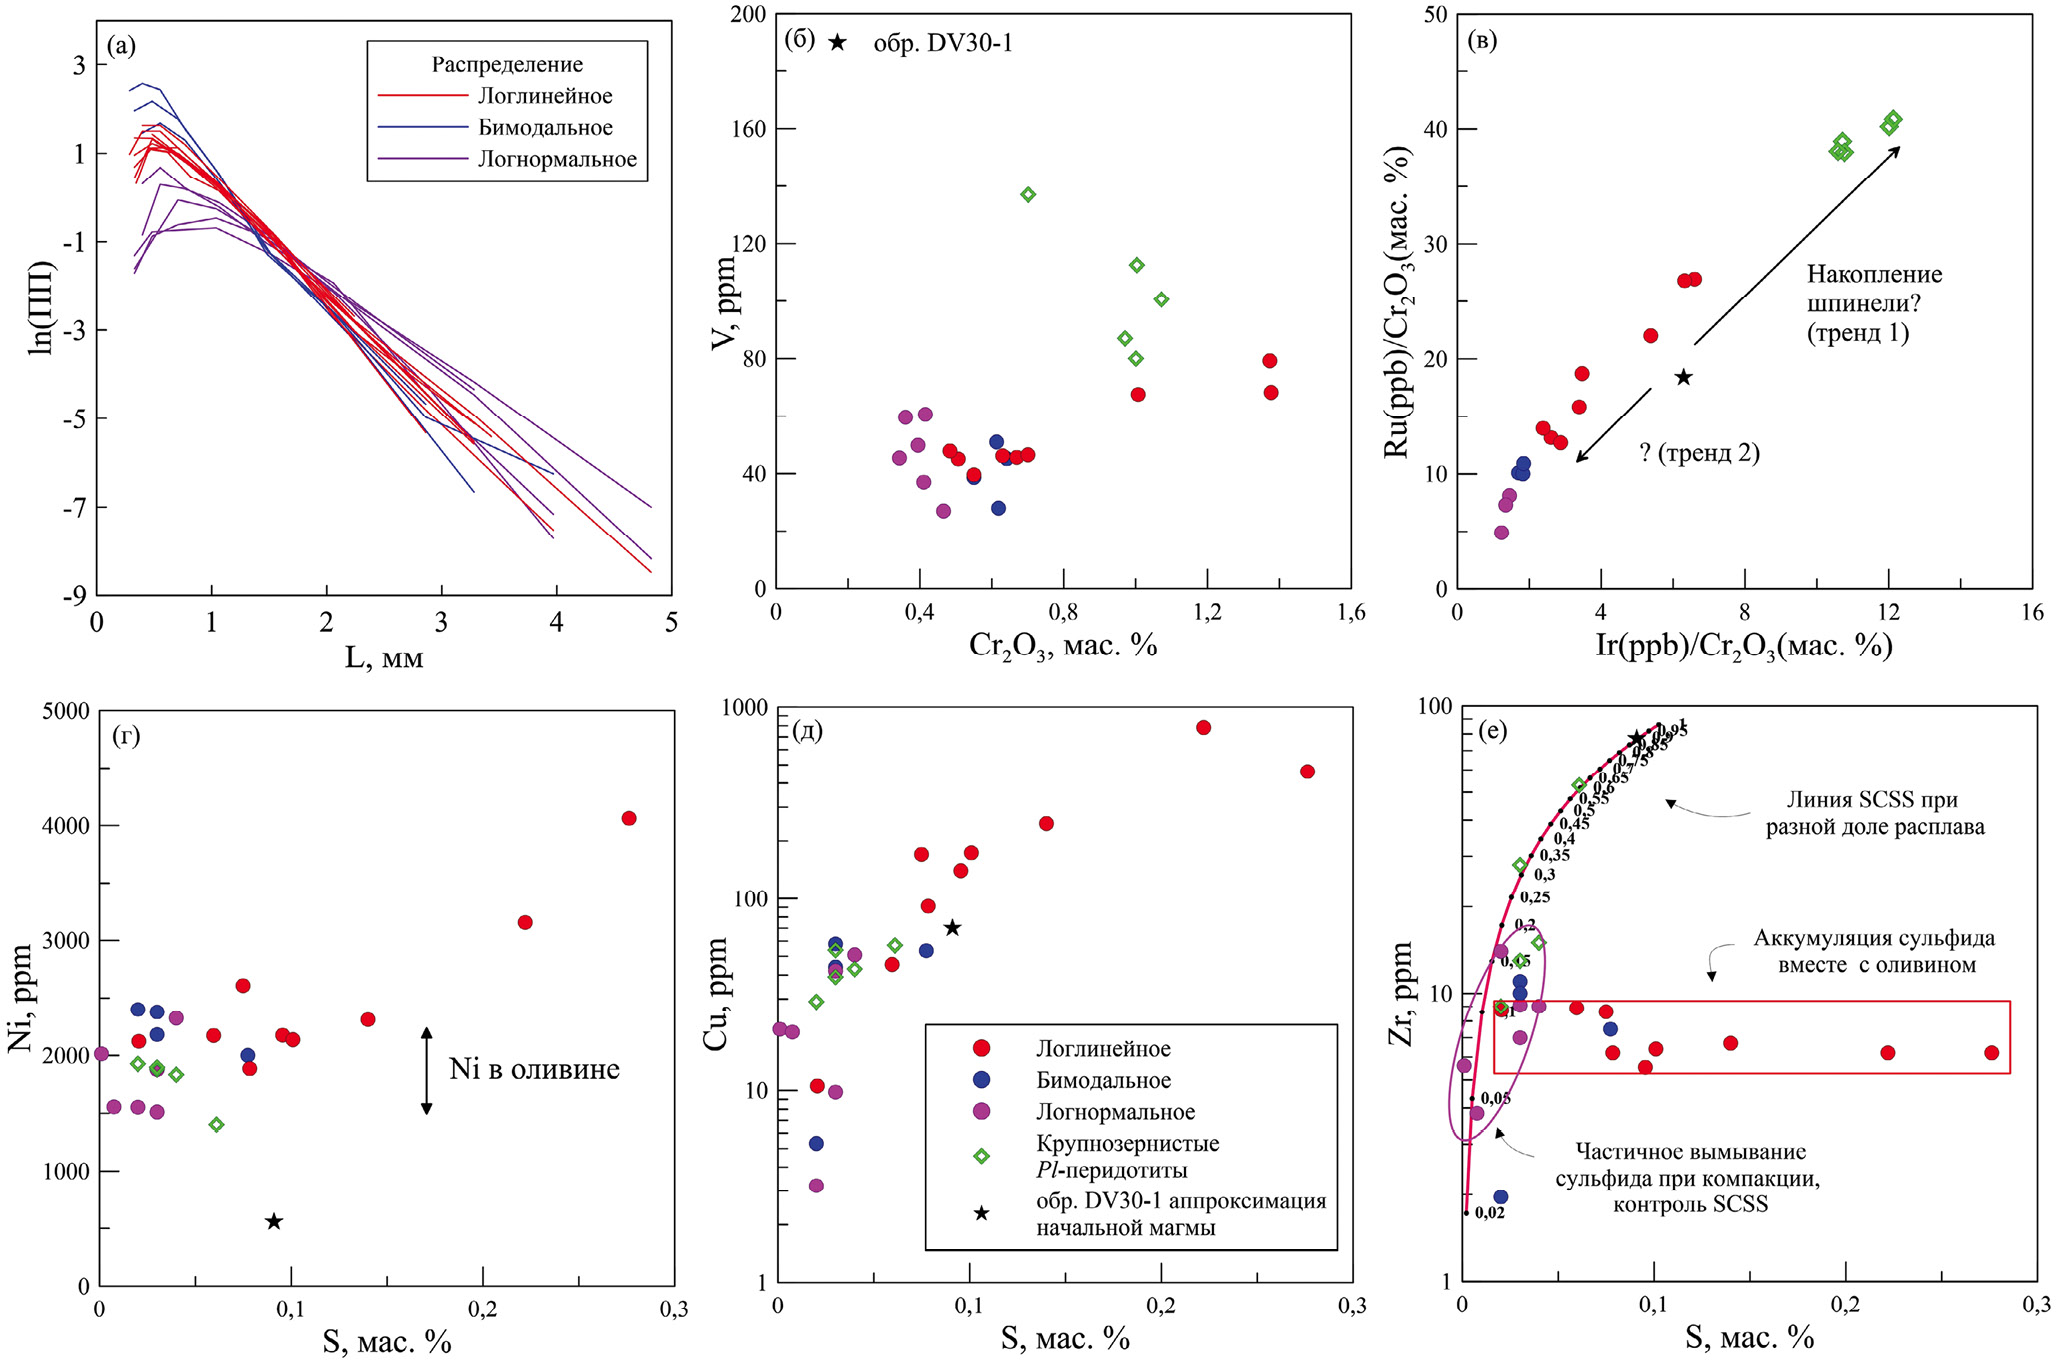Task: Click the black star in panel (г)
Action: coord(274,1221)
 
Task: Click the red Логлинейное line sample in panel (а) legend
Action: coord(422,96)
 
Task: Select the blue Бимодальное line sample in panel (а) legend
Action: coord(422,128)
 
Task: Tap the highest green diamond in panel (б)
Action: coord(1028,194)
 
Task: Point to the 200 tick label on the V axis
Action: coord(748,14)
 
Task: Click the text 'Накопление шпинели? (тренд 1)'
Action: coord(1874,303)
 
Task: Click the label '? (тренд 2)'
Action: coord(1699,453)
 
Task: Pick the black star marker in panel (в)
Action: coord(1684,377)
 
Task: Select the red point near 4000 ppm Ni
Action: coord(629,818)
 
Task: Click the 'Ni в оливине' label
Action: coord(534,1069)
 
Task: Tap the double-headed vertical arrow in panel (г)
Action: coord(426,1070)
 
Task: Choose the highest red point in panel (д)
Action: coord(1203,727)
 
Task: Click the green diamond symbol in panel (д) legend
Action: coord(982,1156)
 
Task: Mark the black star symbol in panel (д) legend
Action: coord(982,1213)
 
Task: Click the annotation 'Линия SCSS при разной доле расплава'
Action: coord(1874,813)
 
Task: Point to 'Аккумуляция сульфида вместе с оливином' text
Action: coord(1874,951)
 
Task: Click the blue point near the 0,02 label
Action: coord(1500,1196)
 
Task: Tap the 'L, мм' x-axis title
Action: coord(384,657)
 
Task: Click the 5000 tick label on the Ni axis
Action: coord(66,711)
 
